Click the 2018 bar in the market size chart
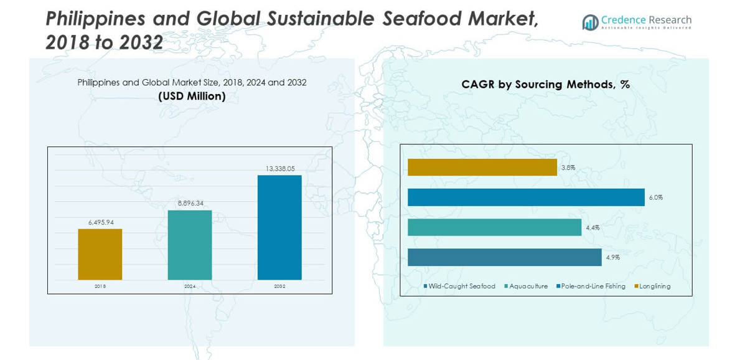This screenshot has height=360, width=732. point(100,254)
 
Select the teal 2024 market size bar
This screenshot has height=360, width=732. point(190,245)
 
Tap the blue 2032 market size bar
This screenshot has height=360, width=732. point(279,227)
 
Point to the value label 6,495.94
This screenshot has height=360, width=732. point(100,222)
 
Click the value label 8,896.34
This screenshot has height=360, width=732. point(190,203)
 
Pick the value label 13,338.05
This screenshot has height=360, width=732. point(279,168)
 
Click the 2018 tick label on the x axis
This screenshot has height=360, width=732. point(100,286)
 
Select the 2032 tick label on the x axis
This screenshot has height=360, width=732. point(279,286)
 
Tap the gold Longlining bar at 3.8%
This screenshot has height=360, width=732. point(482,167)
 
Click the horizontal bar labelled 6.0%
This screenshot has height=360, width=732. point(526,197)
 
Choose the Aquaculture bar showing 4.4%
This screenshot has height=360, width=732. point(494,227)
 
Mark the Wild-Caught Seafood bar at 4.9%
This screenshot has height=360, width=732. point(504,257)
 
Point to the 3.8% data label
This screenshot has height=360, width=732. point(568,168)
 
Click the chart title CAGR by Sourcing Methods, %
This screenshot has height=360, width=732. point(545,85)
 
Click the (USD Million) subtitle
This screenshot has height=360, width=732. point(192,97)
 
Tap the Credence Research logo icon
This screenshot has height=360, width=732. point(590,22)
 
